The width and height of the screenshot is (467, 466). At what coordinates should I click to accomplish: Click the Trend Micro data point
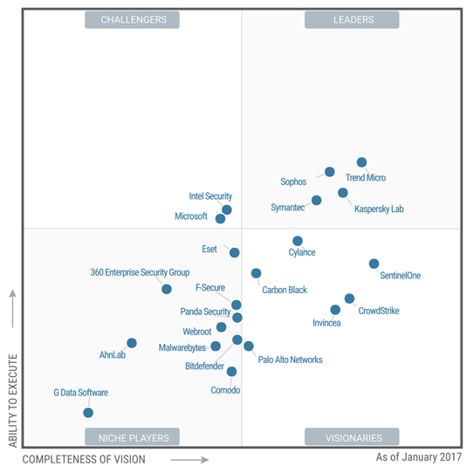[x=361, y=162]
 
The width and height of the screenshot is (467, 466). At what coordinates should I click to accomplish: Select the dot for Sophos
[x=329, y=172]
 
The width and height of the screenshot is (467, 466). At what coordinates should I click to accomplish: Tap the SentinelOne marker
[x=374, y=264]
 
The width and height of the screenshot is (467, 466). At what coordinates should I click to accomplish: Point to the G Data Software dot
[x=88, y=413]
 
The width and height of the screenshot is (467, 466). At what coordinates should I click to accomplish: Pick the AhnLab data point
[x=132, y=343]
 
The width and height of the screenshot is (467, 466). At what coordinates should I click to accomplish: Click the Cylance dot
[x=298, y=241]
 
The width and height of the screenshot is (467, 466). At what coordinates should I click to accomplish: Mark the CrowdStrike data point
[x=349, y=298]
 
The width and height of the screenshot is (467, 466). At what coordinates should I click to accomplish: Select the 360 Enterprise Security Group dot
[x=167, y=289]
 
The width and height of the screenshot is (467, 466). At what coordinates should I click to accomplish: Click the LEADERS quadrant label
[x=353, y=19]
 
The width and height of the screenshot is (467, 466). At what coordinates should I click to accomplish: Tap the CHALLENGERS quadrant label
[x=132, y=19]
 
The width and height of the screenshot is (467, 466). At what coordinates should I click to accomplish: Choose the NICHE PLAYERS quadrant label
[x=132, y=436]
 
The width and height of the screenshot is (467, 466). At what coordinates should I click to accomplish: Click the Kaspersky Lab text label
[x=379, y=209]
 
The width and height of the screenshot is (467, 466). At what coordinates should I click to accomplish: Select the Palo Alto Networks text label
[x=290, y=360]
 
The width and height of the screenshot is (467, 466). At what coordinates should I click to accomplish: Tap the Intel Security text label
[x=210, y=196]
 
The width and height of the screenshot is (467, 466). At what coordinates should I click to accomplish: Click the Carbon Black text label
[x=285, y=290]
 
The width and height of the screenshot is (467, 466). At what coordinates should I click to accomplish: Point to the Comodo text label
[x=225, y=390]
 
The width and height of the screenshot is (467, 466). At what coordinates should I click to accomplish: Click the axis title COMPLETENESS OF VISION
[x=84, y=458]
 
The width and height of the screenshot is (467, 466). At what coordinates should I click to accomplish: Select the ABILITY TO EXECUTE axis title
[x=12, y=401]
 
